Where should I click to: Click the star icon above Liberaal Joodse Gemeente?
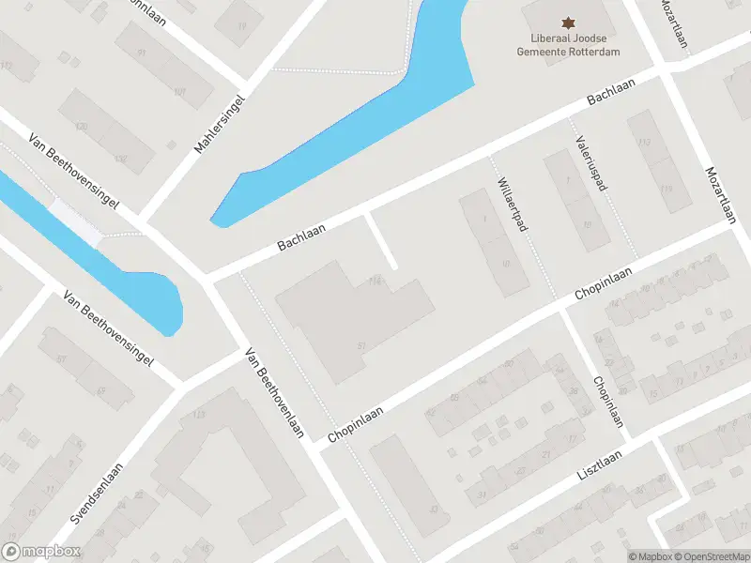click(x=567, y=22)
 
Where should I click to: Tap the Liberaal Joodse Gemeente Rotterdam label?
click(x=567, y=45)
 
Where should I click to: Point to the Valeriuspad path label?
click(x=590, y=160)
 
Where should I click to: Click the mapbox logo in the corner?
click(x=41, y=552)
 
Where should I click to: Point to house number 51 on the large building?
click(x=360, y=346)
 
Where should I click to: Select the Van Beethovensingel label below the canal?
click(x=108, y=328)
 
